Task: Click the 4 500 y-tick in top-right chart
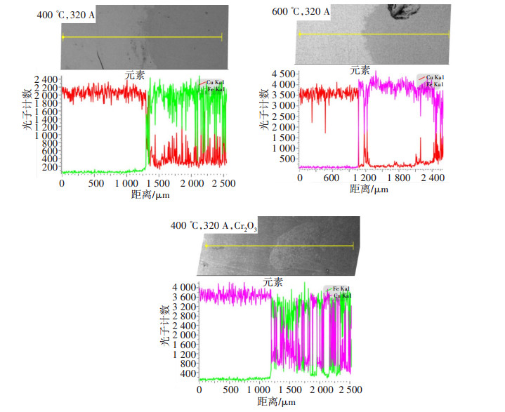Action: (284, 74)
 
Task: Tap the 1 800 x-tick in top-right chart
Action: (398, 178)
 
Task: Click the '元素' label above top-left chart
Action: (135, 75)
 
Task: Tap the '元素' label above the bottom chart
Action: (273, 282)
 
